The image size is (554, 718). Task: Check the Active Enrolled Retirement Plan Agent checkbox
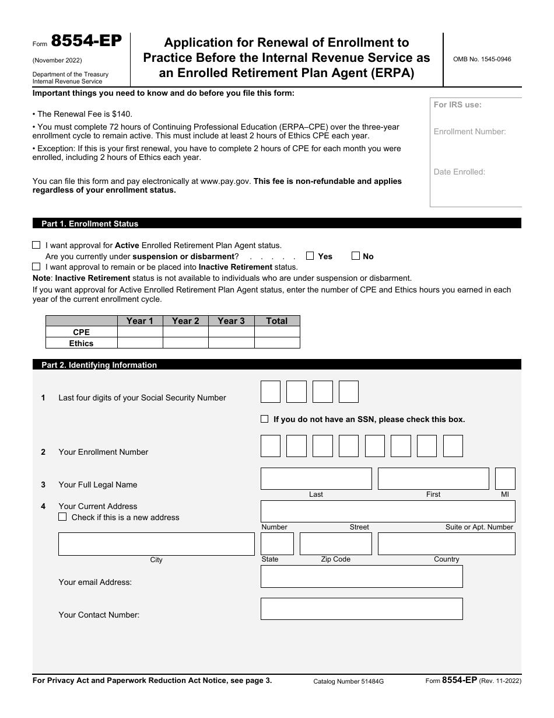pos(37,245)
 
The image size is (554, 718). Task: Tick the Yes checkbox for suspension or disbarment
pos(310,256)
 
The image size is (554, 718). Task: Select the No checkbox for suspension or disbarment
pos(356,256)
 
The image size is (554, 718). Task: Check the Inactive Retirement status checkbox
pos(37,266)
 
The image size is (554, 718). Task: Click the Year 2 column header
pos(185,320)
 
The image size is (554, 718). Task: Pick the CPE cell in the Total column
pos(277,332)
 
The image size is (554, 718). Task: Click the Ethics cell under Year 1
pos(140,343)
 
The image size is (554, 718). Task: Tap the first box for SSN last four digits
pos(271,392)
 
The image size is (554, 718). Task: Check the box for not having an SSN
pos(265,419)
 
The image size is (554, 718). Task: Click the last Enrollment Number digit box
pos(453,446)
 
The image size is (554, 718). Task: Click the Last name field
pos(316,479)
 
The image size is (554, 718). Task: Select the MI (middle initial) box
pos(505,479)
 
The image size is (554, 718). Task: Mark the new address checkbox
pos(62,517)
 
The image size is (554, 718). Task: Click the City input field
pos(156,544)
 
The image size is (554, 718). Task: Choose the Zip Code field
pos(335,544)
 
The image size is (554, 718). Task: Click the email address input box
pos(362,576)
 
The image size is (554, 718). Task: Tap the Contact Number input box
pos(362,609)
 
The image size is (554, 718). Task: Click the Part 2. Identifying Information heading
pos(99,365)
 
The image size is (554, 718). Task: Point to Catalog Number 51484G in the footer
pos(349,681)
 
